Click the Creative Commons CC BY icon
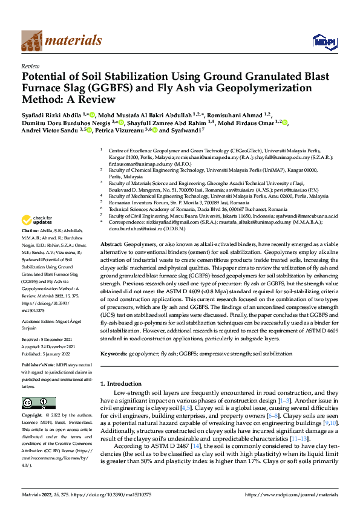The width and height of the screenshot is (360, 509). [x=34, y=403]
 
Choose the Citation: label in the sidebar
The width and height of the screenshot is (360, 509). [x=31, y=231]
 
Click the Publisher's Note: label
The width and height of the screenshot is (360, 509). [x=39, y=366]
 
